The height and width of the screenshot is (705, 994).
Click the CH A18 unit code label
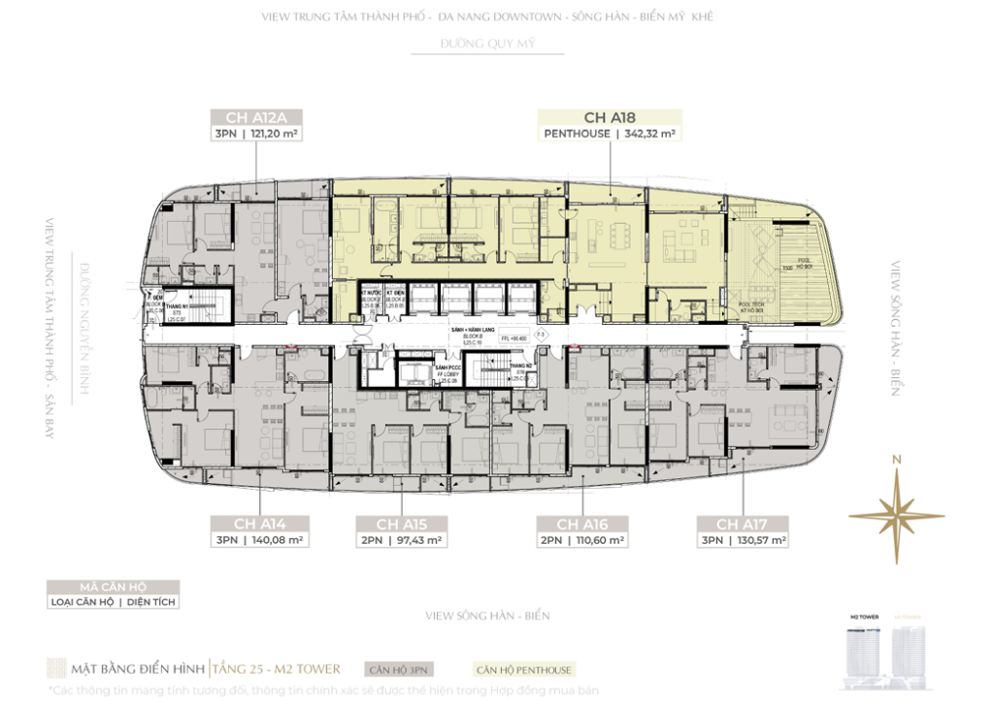(x=609, y=117)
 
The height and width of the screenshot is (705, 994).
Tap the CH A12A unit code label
(x=256, y=117)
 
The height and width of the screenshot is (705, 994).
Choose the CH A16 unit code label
(x=582, y=524)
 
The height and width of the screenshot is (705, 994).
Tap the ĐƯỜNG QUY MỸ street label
(x=487, y=45)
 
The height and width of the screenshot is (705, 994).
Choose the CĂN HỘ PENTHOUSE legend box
(x=523, y=669)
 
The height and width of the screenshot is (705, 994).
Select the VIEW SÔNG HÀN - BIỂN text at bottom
(x=487, y=616)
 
